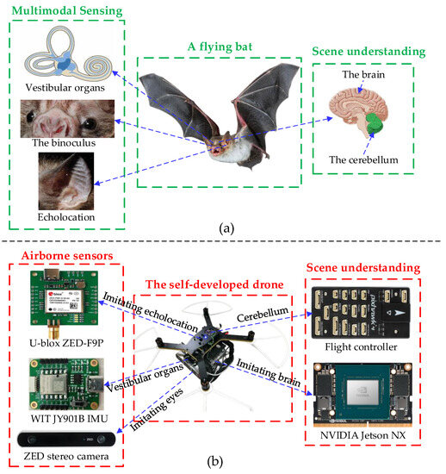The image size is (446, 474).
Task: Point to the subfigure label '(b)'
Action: click(223, 462)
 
